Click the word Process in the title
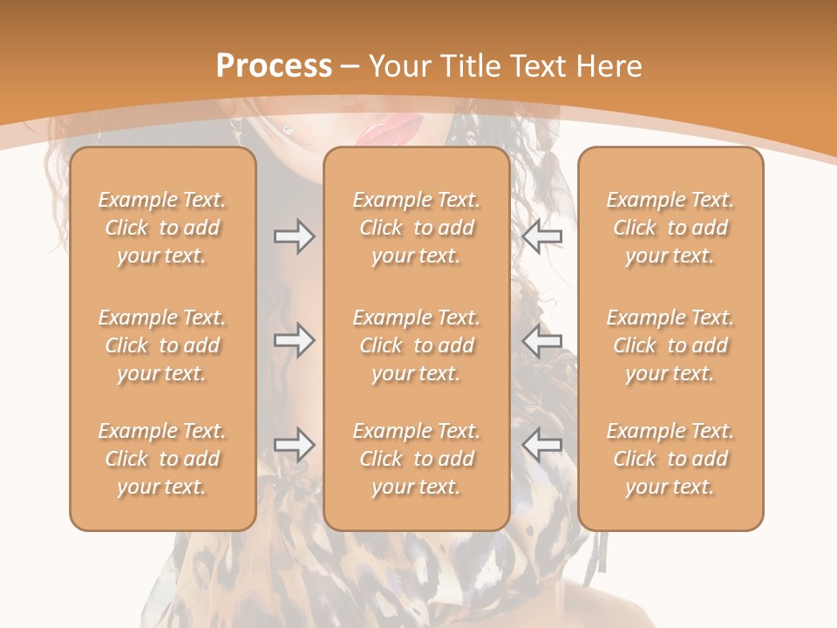coord(274,66)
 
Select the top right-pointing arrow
coord(294,236)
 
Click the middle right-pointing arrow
coord(294,340)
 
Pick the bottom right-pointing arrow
coord(294,445)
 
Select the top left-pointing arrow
coord(541,236)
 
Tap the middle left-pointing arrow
coord(541,340)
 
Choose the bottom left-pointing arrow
coord(541,445)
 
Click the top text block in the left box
coord(162,228)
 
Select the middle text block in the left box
coord(162,345)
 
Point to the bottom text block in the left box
coord(162,459)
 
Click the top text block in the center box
coord(417,228)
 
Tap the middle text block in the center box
coord(417,345)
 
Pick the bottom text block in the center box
coord(417,459)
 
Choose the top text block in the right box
coord(670,228)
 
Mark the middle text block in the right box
coord(670,345)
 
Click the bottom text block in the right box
coord(670,459)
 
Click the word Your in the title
coord(403,66)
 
